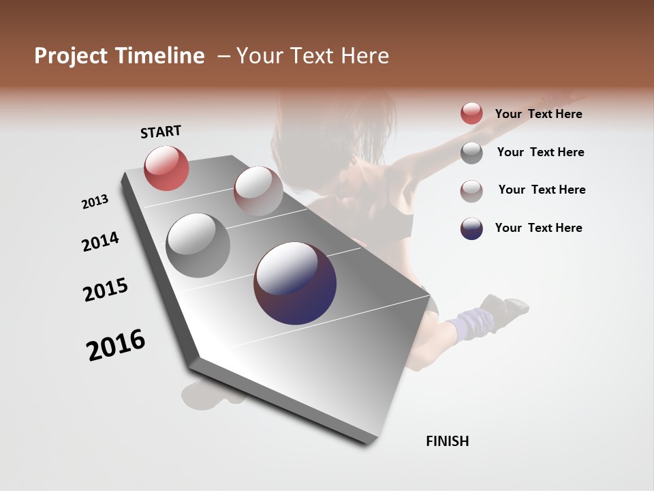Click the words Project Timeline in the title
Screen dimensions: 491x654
coord(119,56)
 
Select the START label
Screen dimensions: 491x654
coord(161,132)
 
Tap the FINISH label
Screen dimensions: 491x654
coord(447,441)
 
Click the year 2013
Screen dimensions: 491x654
coord(95,202)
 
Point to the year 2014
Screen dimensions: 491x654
coord(100,242)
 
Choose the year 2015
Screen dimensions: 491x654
coord(106,290)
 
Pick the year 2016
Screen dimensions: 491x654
coord(116,345)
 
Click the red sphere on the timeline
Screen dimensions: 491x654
coord(166,168)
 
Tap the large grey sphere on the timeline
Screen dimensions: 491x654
coord(198,245)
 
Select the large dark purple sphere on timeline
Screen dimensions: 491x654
coord(295,283)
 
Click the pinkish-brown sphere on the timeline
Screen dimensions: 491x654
coord(258,191)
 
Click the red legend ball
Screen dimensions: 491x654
coord(471,113)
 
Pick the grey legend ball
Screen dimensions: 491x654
coord(471,153)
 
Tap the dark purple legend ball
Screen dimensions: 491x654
coord(471,228)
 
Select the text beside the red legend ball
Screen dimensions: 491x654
coord(538,114)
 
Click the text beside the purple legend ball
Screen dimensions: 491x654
coord(538,228)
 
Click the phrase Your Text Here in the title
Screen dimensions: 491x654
coord(313,56)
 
